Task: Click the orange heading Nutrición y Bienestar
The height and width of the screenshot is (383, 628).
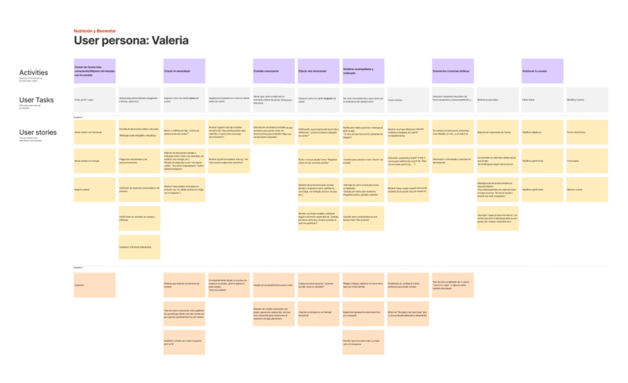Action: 94,31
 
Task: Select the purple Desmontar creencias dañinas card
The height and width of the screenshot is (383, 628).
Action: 453,71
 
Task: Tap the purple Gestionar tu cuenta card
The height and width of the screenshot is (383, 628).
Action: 542,71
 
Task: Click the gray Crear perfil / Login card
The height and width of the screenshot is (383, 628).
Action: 94,99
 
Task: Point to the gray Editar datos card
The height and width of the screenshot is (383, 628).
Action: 542,99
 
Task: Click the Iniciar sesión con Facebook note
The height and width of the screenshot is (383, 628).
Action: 94,132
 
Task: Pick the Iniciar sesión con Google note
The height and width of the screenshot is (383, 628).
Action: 94,161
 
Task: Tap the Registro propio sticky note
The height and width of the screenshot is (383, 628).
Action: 94,190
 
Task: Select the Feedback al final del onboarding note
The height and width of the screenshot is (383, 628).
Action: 139,247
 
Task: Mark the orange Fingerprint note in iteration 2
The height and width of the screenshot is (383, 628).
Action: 94,285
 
